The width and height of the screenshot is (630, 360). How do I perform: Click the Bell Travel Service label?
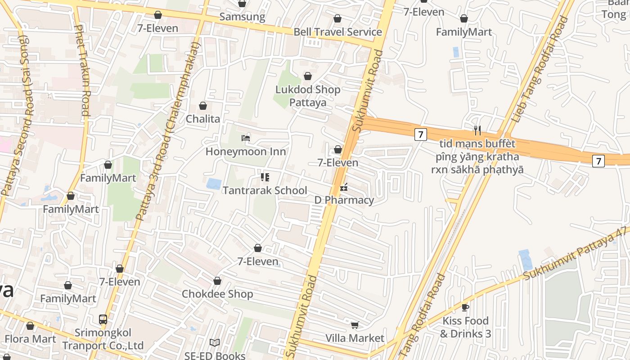[337, 32]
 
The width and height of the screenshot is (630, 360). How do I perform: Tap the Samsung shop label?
[242, 17]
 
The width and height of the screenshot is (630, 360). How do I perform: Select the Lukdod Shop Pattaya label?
[308, 96]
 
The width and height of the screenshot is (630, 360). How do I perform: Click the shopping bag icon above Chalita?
[203, 106]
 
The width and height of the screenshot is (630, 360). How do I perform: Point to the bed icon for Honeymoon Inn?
[246, 138]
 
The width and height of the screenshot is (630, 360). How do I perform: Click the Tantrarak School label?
[265, 190]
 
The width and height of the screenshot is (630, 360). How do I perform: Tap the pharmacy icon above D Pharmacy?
[344, 187]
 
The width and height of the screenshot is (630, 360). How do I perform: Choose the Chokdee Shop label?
[217, 294]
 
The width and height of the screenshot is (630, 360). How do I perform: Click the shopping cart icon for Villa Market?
[355, 325]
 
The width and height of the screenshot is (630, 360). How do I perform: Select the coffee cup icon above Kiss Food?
[465, 307]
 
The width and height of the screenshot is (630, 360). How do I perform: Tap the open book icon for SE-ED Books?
[215, 343]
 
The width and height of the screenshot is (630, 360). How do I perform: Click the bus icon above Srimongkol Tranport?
[103, 319]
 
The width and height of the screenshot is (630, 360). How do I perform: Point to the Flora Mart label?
[31, 339]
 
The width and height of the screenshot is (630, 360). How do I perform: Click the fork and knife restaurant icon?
[477, 130]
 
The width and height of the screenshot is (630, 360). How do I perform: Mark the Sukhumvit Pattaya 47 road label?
[576, 255]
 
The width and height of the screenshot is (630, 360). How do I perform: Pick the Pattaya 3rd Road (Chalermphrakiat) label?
[167, 130]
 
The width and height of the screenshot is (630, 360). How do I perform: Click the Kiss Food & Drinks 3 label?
[465, 327]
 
